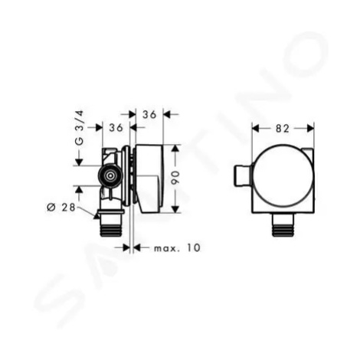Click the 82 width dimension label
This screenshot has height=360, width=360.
(282, 129)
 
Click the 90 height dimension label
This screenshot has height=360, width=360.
(176, 178)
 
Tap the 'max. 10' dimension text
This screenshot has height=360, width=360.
(177, 247)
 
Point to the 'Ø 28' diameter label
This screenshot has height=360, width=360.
(61, 208)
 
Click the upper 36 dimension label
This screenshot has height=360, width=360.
(149, 115)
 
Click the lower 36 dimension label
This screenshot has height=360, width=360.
(116, 127)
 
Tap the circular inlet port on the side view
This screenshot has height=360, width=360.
(110, 176)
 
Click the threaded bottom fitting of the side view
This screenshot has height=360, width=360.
(110, 224)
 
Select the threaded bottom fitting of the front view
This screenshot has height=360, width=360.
(283, 224)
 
